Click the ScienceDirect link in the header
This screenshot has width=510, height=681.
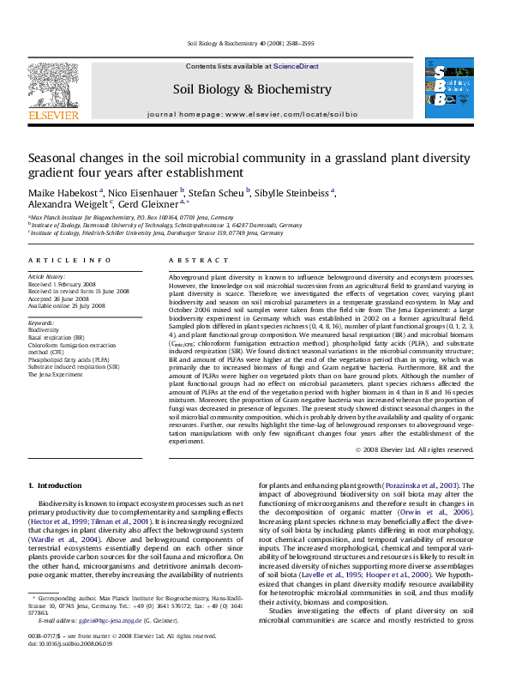[296, 66]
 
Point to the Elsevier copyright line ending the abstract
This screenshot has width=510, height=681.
[420, 449]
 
